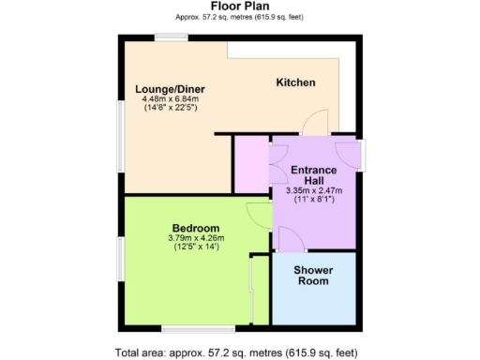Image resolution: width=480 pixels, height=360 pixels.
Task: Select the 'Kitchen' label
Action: point(295,82)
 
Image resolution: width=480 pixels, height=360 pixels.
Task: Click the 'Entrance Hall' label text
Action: point(314,176)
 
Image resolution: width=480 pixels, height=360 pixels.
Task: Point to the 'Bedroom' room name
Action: point(196,228)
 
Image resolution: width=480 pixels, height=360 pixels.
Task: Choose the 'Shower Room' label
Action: point(314,276)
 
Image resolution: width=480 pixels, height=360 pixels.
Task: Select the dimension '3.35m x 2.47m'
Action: point(314,191)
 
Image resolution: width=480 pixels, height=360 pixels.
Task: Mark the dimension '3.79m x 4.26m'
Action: point(196,238)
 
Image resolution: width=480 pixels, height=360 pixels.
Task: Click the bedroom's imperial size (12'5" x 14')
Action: point(196,247)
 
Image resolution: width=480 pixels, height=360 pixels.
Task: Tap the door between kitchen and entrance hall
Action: point(320,122)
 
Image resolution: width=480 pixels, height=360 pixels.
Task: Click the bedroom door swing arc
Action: point(257,215)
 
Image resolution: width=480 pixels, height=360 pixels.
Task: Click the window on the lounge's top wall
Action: point(172,37)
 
